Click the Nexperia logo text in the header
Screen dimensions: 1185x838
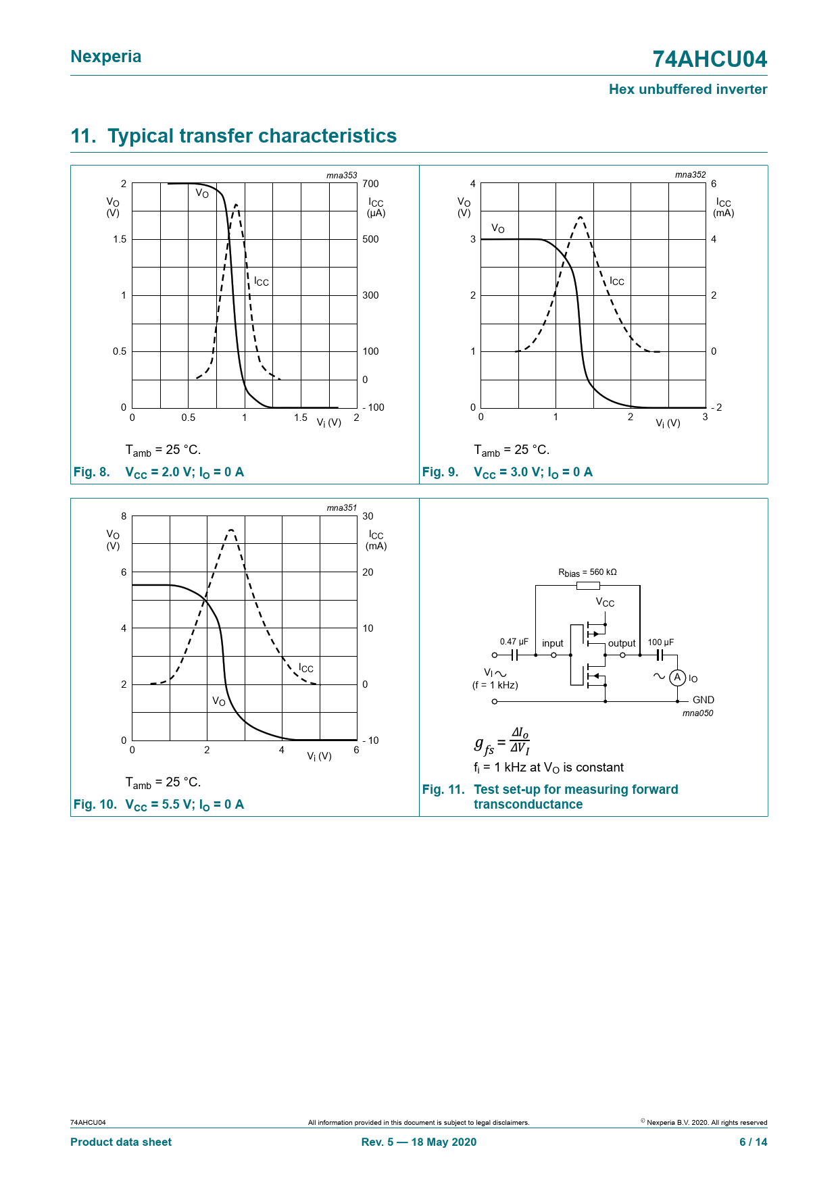click(x=106, y=57)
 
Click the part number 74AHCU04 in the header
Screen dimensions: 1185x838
click(x=709, y=59)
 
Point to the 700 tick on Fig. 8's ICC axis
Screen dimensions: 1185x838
click(x=370, y=184)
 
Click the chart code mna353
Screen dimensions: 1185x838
click(x=341, y=175)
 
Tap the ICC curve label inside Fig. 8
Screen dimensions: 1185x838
click(x=262, y=282)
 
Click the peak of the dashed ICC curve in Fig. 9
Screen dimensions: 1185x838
click(x=581, y=217)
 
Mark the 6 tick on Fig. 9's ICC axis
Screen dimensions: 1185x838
click(x=714, y=184)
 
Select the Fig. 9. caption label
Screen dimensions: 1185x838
click(x=440, y=472)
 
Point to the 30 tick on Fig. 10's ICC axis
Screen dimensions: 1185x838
click(x=368, y=516)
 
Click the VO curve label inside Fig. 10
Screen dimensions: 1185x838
click(x=219, y=701)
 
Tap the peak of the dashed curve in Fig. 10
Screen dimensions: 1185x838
click(x=231, y=530)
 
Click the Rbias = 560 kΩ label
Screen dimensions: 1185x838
click(x=587, y=572)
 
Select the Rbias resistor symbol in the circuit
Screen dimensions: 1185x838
click(x=588, y=586)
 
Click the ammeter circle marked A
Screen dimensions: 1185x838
click(x=677, y=678)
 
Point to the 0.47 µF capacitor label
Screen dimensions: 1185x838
click(x=514, y=642)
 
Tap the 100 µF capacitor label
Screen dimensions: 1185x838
click(x=660, y=642)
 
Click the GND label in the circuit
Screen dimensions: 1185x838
click(x=703, y=700)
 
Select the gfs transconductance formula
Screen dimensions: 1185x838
click(x=501, y=741)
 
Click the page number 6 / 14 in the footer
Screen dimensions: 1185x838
click(x=753, y=1142)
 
